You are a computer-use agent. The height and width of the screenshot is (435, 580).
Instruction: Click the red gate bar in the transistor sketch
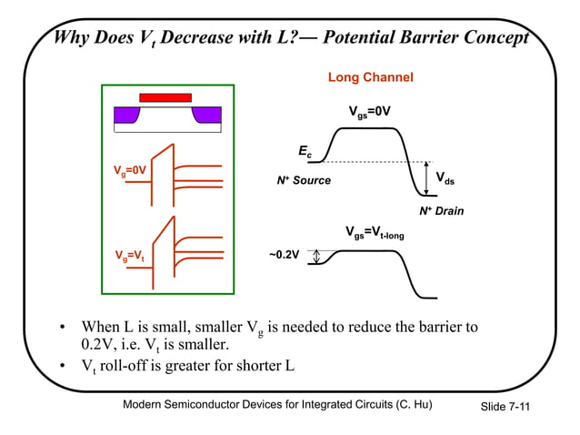[x=165, y=97]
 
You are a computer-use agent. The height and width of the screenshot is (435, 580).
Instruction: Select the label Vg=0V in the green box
[x=130, y=170]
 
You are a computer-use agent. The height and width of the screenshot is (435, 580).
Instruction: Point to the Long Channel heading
[x=370, y=78]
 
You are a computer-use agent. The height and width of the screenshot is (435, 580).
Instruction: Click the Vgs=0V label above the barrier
[x=370, y=112]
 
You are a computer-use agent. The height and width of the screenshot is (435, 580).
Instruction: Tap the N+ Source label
[x=305, y=181]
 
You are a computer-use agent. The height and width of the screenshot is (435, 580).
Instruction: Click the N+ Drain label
[x=441, y=211]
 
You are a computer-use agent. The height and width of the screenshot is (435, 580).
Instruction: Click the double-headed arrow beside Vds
[x=427, y=177]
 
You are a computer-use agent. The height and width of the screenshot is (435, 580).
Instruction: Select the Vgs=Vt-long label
[x=375, y=234]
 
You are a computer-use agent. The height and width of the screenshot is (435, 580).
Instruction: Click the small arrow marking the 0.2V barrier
[x=315, y=257]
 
